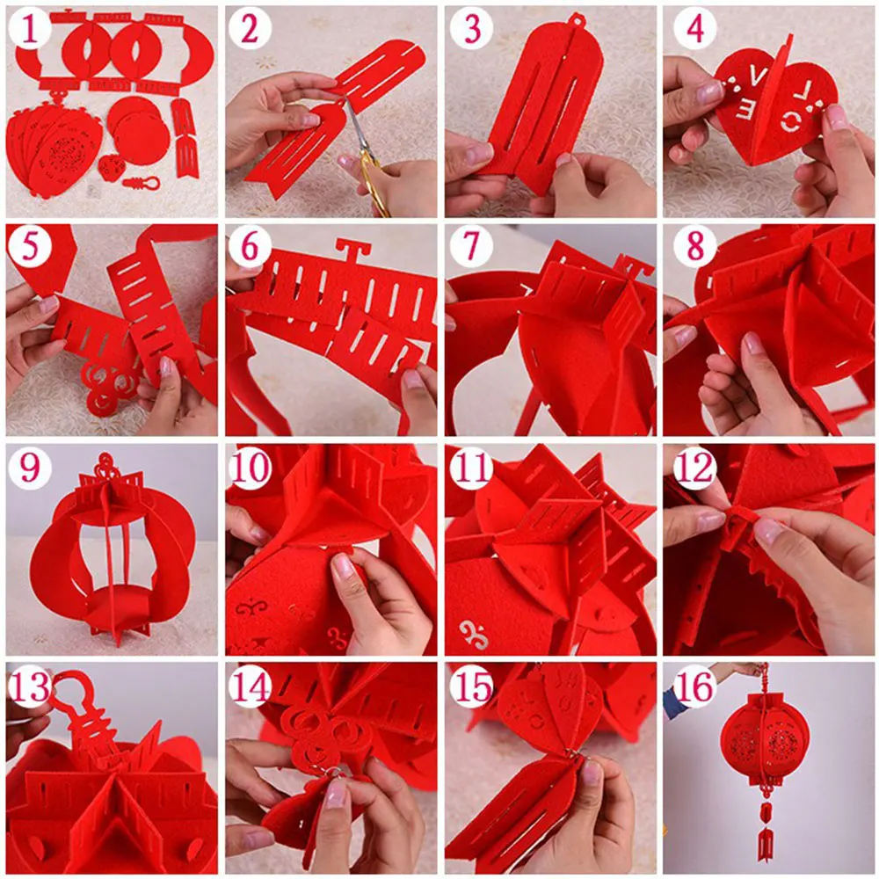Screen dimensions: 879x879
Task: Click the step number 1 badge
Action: pyautogui.click(x=29, y=30)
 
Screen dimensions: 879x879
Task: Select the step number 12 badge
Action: pyautogui.click(x=694, y=467)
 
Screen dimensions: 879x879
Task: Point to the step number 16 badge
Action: pyautogui.click(x=694, y=686)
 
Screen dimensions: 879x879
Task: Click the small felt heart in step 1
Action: pyautogui.click(x=113, y=166)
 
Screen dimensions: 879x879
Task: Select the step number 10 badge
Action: pyautogui.click(x=250, y=467)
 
